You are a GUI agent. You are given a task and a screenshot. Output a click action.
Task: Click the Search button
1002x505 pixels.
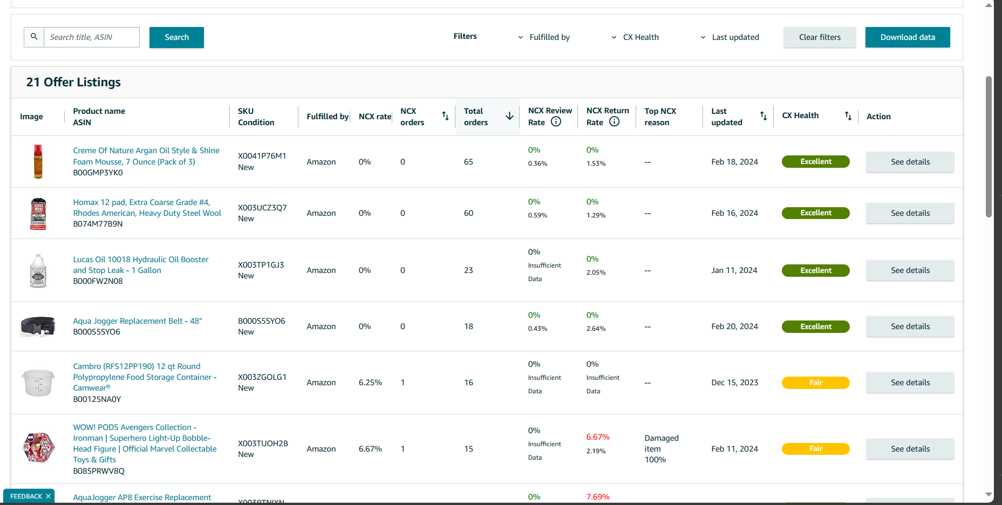[176, 37]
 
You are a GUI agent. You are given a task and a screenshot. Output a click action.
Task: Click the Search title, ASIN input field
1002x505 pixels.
[91, 37]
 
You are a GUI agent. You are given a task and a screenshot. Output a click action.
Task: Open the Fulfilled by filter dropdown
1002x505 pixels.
[544, 37]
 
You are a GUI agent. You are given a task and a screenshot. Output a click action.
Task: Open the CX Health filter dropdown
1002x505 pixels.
[635, 37]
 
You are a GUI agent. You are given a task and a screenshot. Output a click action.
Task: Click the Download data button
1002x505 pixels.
[908, 37]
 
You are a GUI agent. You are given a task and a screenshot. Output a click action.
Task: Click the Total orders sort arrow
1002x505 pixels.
[509, 116]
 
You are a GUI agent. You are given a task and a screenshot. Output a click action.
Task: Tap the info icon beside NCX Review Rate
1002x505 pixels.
[556, 122]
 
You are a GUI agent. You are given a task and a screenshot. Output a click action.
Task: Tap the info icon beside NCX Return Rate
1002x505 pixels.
[614, 122]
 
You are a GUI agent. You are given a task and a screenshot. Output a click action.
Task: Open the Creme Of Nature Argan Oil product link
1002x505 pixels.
[146, 156]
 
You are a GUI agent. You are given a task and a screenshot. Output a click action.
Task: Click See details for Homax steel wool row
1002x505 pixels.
[910, 213]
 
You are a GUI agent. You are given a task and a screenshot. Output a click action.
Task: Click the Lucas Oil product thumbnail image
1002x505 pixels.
[38, 270]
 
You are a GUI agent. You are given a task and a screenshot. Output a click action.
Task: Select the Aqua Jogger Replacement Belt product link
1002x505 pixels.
[138, 321]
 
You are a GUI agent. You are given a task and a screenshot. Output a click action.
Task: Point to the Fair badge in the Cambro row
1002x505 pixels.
[816, 383]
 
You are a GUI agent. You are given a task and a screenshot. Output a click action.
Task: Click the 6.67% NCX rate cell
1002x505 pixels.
[370, 449]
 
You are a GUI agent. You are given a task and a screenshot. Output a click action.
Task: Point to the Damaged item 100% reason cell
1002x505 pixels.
[662, 449]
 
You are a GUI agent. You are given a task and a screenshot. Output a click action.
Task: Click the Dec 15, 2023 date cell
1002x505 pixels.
[734, 383]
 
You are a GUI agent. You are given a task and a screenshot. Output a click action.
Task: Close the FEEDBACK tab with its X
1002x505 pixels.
[48, 496]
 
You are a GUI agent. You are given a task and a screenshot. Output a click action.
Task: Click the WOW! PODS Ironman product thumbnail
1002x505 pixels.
[38, 448]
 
